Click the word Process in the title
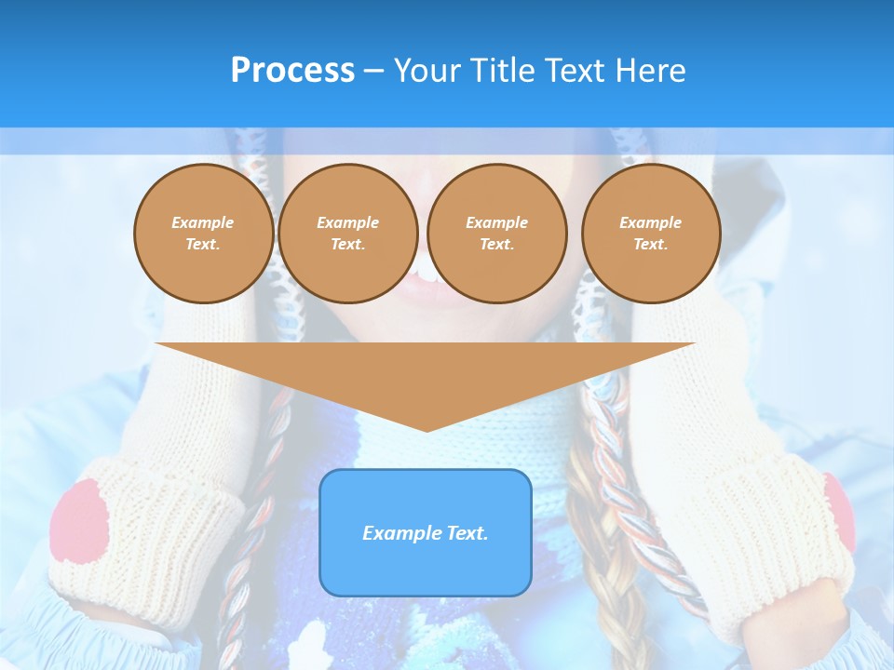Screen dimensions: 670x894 pos(292,71)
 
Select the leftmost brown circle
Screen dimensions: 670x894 pos(204,234)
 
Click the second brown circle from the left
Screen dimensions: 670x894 pos(348,234)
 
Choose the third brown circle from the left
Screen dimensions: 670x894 pos(496,234)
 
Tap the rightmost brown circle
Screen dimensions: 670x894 pos(651,234)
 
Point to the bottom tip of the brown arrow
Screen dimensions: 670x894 pos(427,429)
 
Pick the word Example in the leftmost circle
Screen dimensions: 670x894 pos(203,222)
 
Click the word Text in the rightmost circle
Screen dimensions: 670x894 pos(650,245)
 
